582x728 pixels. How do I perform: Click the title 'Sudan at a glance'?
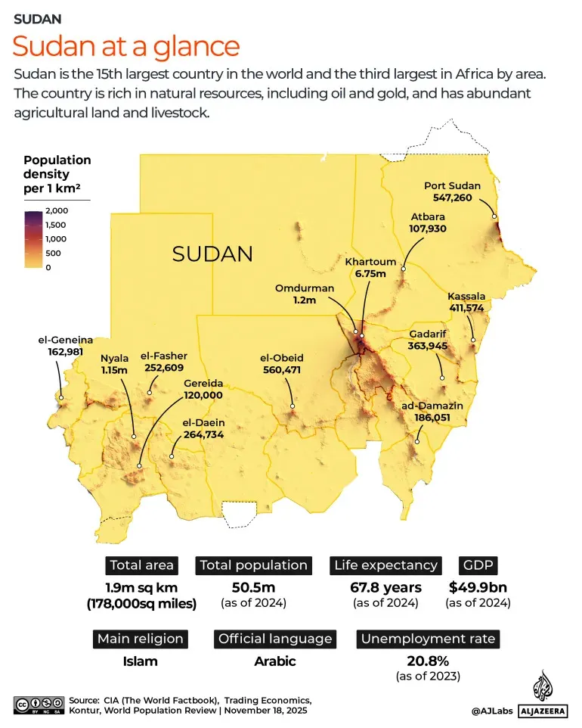[x=126, y=47]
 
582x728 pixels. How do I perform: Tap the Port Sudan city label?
[x=452, y=185]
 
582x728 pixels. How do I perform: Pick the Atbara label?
[x=428, y=216]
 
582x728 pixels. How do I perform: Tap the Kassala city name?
[x=466, y=296]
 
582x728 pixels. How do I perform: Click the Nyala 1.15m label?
[x=115, y=369]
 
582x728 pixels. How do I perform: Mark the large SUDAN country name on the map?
[x=212, y=254]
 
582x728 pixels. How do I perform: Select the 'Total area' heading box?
[x=142, y=565]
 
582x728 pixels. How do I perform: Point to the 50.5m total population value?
[x=253, y=587]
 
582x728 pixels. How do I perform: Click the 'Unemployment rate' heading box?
[x=428, y=639]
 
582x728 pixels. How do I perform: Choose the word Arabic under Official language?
[x=274, y=661]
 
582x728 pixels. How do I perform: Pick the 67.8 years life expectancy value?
[x=385, y=587]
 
